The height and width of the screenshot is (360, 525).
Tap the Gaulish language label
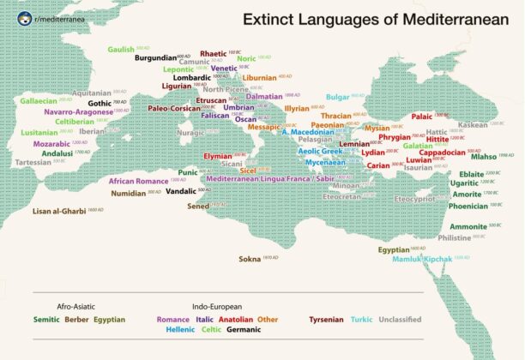121,50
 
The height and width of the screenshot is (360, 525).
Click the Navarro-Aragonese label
75,111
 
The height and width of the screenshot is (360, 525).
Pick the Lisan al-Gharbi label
58,210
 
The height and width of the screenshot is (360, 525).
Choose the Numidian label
128,193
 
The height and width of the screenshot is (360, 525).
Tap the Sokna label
250,258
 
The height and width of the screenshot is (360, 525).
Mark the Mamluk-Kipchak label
421,258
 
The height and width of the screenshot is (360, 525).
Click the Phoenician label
468,206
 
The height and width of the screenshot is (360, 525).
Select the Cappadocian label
442,152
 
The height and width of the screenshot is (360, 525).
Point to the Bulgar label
338,97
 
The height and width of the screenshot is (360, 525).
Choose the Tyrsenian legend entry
327,320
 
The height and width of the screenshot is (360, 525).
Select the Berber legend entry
75,320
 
